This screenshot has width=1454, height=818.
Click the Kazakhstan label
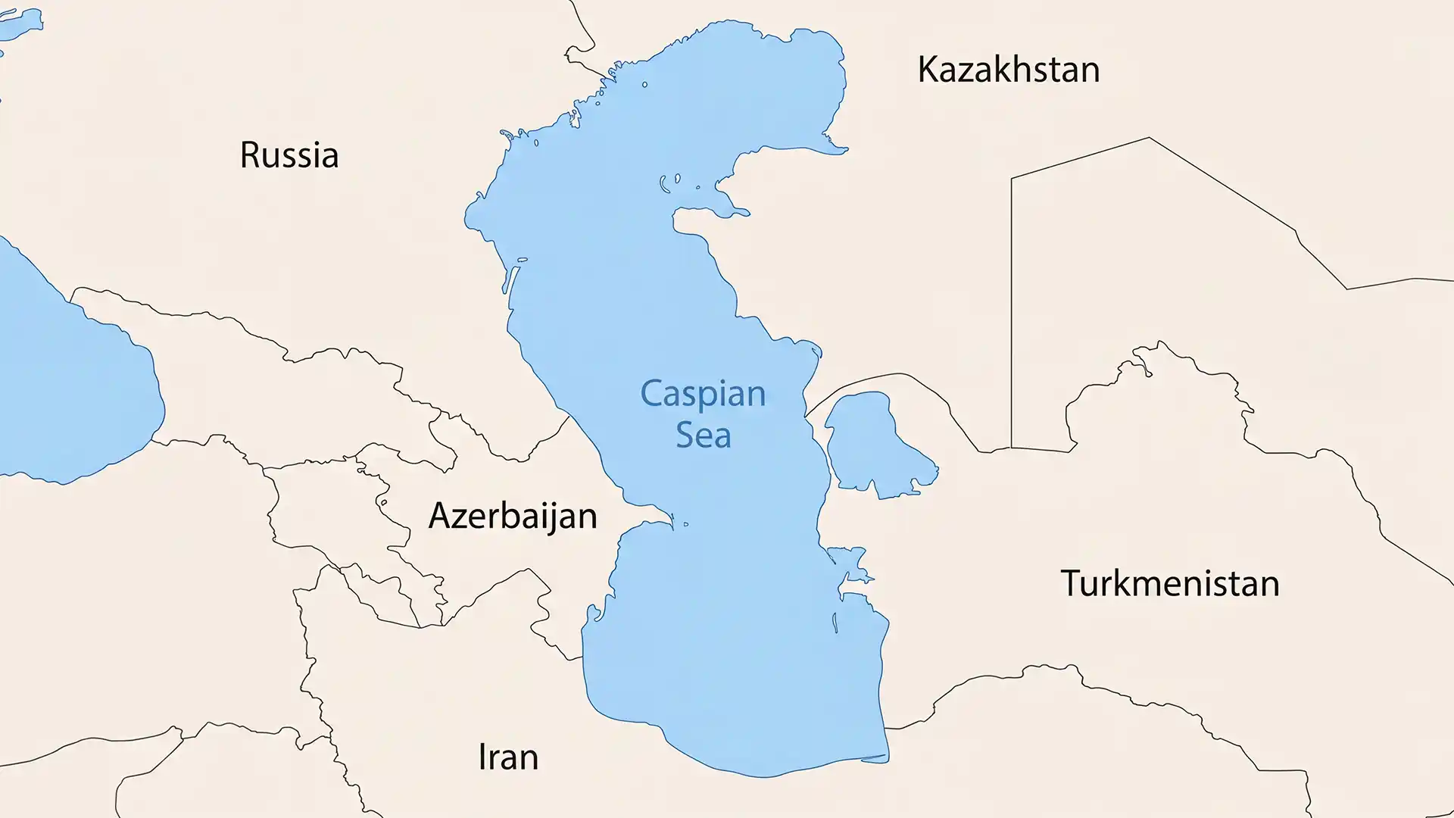coord(1008,70)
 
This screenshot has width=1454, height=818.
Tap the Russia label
coord(289,155)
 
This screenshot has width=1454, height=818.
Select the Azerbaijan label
coord(513,517)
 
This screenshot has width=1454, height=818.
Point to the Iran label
coord(508,757)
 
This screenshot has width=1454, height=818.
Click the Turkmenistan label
coord(1170,584)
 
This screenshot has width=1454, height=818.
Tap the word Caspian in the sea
coord(703,395)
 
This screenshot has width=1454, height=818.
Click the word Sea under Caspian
coord(703,436)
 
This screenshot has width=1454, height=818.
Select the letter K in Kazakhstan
coord(928,70)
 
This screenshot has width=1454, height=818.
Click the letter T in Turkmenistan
coord(1070,583)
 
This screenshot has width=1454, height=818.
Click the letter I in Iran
coord(482,757)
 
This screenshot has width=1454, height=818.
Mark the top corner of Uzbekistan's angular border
coord(1149,138)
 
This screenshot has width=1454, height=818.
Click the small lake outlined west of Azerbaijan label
coord(383,502)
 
